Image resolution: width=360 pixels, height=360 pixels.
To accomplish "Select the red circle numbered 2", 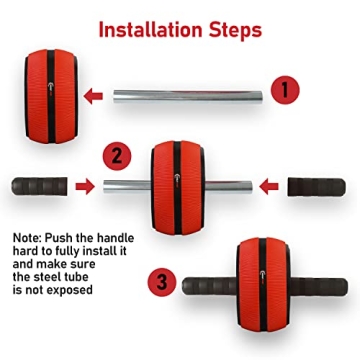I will (117, 155).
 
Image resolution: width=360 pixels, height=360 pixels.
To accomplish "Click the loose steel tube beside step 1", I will (191, 97).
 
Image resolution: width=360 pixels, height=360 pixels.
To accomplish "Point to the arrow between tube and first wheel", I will (95, 97).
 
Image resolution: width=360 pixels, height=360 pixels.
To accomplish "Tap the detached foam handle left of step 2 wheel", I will (39, 186).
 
